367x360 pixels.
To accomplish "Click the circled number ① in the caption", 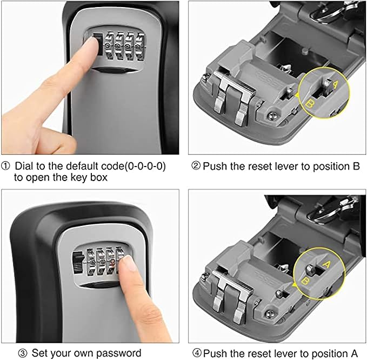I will click(5, 166).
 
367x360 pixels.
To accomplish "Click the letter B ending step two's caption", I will click(356, 166).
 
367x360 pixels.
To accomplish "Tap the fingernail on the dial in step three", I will click(128, 263).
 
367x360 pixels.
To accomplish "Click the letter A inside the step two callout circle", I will click(336, 84).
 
